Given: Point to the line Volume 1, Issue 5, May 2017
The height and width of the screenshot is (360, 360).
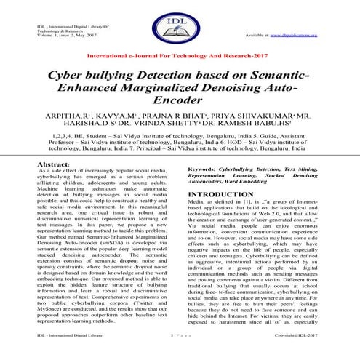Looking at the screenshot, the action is tap(43, 35).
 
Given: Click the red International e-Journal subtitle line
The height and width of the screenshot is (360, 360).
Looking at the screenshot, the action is tap(179, 55).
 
